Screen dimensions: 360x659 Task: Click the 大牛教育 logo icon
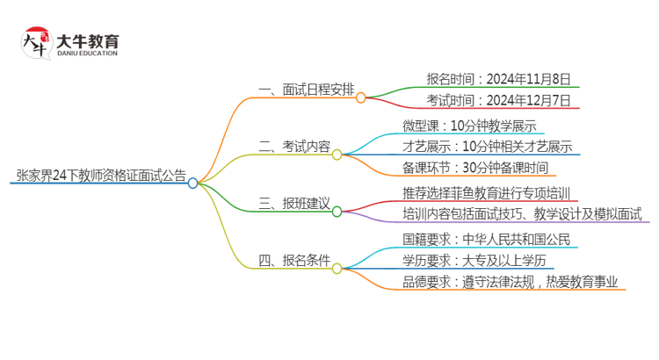(35, 42)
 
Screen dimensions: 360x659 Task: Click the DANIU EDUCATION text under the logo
(87, 54)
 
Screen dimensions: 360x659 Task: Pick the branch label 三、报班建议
(294, 204)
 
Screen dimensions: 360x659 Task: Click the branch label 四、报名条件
(294, 260)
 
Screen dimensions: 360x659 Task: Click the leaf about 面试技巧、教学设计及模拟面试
(522, 213)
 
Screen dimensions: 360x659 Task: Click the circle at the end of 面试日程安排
(361, 97)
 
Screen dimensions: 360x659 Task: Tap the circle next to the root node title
(193, 183)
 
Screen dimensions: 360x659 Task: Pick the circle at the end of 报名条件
(337, 266)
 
